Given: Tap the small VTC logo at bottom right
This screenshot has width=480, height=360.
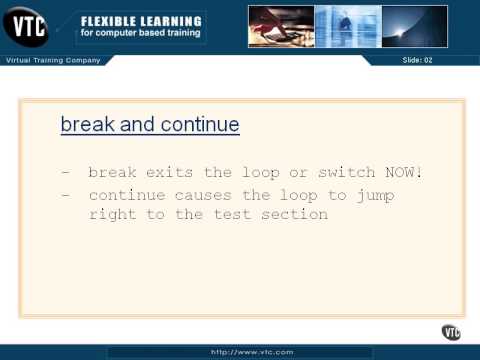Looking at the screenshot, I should (x=451, y=332).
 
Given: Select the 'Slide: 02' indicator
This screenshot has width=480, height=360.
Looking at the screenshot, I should (x=417, y=61).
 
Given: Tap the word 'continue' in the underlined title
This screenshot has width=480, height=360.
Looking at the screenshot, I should (x=196, y=125).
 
